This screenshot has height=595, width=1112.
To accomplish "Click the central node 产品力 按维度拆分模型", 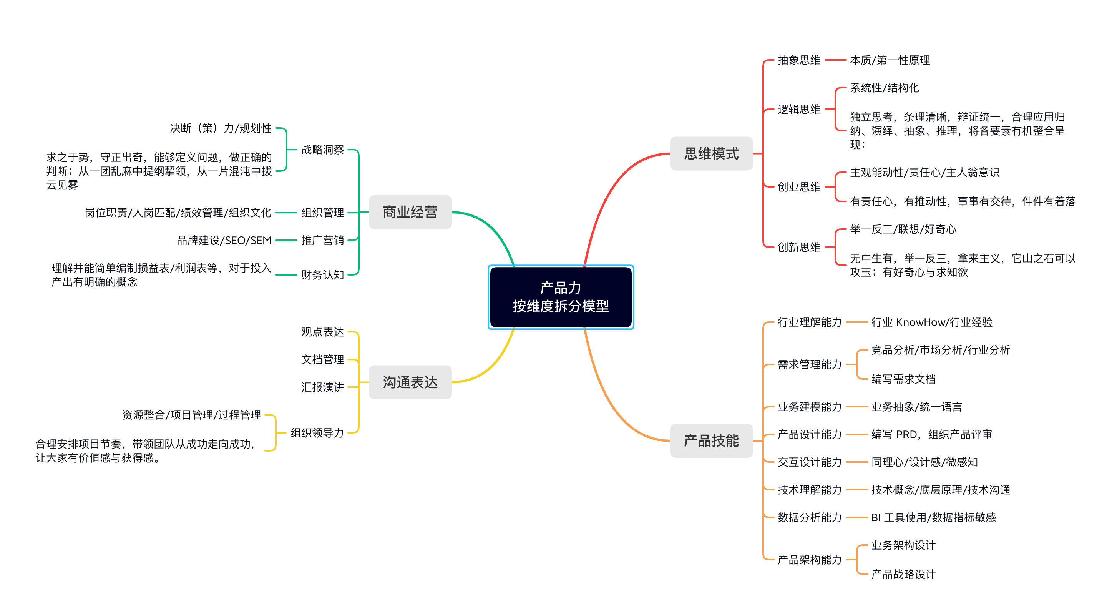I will [x=560, y=297].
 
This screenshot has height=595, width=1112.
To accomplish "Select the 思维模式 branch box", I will [x=711, y=154].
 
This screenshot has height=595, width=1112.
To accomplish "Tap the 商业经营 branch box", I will [x=410, y=212].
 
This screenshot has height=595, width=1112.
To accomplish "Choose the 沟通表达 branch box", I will [x=410, y=382].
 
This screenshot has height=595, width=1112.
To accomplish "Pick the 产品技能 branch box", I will [x=711, y=441].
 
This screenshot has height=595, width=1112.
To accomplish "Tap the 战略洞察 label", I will [x=322, y=150].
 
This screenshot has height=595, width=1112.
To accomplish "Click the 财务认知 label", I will [x=322, y=274].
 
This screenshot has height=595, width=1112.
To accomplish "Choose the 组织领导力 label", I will [x=317, y=433].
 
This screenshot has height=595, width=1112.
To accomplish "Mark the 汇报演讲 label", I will [x=322, y=387].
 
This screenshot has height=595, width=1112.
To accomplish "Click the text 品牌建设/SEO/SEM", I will [x=224, y=240].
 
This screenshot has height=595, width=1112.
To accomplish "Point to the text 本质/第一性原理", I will [x=890, y=60].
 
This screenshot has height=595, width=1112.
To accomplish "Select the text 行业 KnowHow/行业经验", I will [x=931, y=322].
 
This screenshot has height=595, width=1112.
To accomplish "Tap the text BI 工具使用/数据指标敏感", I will [x=933, y=517].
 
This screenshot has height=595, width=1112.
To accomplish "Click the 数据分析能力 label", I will [x=809, y=517].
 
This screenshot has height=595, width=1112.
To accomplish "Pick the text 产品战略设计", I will [x=903, y=574].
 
